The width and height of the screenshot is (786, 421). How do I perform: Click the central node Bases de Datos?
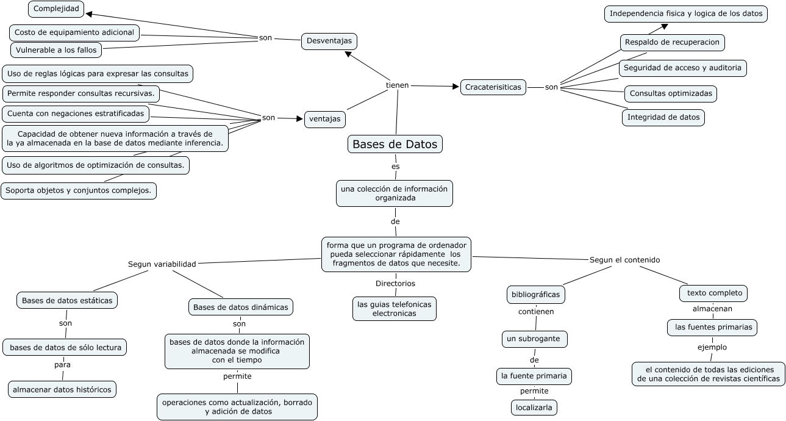click(395, 145)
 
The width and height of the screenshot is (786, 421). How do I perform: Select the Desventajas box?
click(329, 41)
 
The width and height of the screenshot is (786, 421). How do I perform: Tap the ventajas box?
click(325, 119)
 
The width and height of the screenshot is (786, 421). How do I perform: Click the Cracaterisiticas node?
click(493, 87)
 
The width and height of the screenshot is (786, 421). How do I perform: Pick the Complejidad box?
click(56, 9)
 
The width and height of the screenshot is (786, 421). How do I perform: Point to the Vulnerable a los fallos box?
click(56, 50)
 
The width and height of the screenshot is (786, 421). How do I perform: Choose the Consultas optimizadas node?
click(670, 94)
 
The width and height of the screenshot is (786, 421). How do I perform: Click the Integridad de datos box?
click(663, 117)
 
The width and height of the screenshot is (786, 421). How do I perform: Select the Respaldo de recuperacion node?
click(673, 43)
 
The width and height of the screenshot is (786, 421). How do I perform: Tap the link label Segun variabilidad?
click(162, 264)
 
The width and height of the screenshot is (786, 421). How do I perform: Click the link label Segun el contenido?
click(624, 260)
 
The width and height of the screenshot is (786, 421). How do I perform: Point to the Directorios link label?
click(395, 283)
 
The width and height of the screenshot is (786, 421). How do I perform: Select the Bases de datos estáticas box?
click(66, 300)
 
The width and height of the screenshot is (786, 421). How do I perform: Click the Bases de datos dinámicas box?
click(241, 307)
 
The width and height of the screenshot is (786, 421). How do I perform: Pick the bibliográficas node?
click(535, 295)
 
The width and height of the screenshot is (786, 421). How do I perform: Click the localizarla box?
click(534, 408)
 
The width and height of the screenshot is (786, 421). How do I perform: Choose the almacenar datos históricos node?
click(62, 389)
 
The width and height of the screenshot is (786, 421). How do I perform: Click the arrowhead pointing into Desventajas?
click(348, 54)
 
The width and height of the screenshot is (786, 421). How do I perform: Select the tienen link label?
click(398, 85)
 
